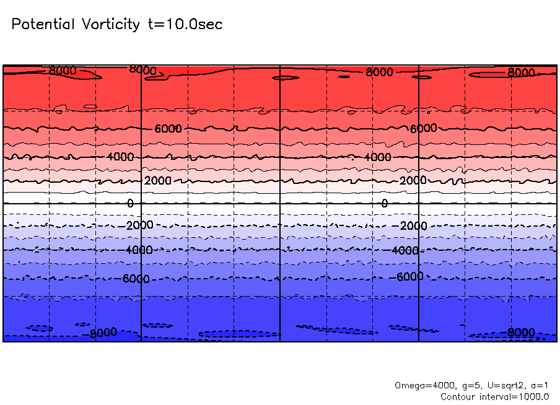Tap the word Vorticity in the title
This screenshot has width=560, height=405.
pos(110,25)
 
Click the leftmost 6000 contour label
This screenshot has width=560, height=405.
pos(168,129)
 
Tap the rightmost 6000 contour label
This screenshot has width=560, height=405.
pos(424,128)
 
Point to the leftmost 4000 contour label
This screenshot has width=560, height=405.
pos(120,157)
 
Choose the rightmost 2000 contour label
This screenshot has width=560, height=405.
pos(413,180)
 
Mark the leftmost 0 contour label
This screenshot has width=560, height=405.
pos(130,203)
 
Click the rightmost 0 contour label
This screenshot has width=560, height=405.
pos(384,203)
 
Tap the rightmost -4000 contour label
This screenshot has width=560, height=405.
pos(406,250)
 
